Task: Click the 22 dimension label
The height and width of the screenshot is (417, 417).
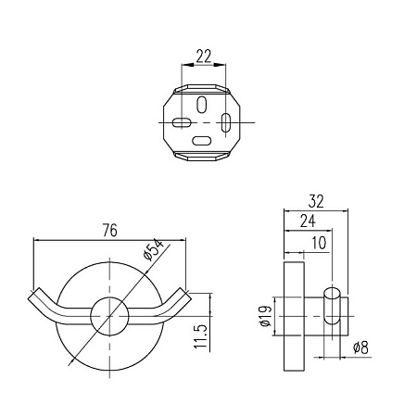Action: tap(204, 57)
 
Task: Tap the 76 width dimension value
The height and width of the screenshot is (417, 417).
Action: tap(110, 231)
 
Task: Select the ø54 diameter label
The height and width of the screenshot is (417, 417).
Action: tap(153, 250)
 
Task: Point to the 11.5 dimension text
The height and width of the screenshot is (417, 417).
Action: tap(201, 336)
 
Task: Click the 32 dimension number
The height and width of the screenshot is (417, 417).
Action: tap(316, 201)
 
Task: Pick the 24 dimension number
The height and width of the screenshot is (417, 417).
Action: tap(308, 221)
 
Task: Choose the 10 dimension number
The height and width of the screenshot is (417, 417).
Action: tap(319, 243)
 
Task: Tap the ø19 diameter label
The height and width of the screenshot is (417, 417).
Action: tap(265, 316)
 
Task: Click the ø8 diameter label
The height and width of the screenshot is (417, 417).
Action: tap(360, 347)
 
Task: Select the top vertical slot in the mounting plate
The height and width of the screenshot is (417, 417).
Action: tap(202, 105)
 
